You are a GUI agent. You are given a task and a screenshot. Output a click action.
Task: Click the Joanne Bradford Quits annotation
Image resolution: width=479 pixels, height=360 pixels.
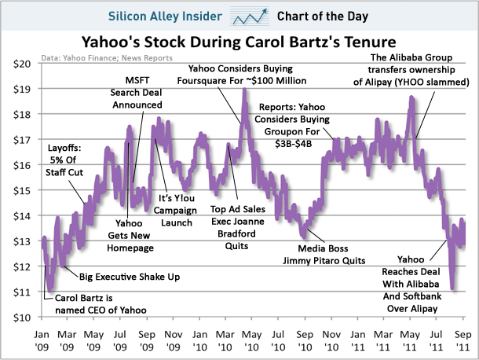click(238, 228)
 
